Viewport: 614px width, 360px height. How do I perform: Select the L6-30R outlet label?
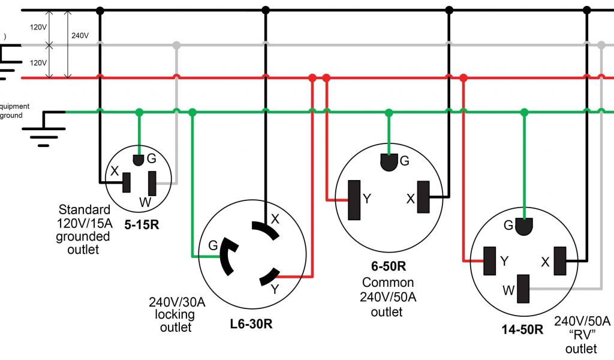(251, 325)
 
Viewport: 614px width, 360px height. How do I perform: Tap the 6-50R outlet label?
(388, 266)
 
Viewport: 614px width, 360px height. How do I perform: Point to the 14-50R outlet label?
(522, 329)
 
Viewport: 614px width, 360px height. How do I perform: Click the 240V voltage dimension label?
(80, 35)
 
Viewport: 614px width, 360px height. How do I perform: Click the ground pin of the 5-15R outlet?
(139, 160)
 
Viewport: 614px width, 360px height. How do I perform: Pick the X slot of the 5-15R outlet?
(127, 182)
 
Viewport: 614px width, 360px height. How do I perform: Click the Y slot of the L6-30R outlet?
(267, 277)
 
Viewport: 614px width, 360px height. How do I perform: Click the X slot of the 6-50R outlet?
(424, 197)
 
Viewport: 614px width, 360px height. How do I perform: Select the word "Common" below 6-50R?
(388, 282)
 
